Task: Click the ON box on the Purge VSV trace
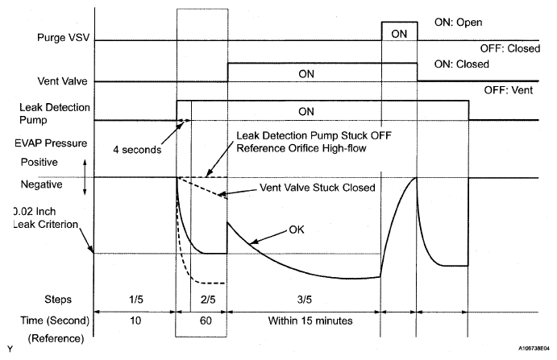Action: click(x=399, y=33)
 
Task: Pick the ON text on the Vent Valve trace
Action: click(x=306, y=72)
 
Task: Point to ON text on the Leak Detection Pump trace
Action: click(x=306, y=111)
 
